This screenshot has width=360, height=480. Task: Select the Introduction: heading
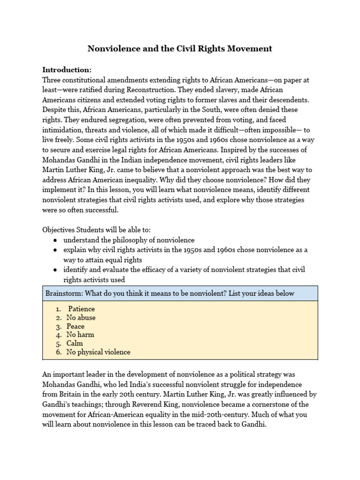coord(67,70)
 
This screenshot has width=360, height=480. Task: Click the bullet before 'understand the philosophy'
coord(55,240)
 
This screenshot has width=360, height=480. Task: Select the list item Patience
coord(82,309)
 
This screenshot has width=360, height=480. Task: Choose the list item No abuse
coord(81,318)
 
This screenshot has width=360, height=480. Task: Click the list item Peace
coord(75,326)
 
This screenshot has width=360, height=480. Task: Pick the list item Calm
coord(75,344)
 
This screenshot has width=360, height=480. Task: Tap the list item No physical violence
coord(98,352)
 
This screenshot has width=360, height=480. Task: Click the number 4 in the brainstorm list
coord(58,335)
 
